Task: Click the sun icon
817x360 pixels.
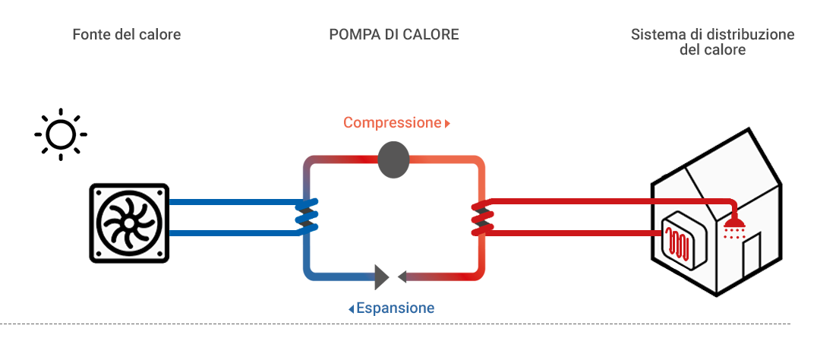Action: [x=61, y=134]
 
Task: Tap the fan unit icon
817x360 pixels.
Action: [x=129, y=223]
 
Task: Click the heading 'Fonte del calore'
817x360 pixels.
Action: [x=127, y=35]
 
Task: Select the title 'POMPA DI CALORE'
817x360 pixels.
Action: [x=394, y=35]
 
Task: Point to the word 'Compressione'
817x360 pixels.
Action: [x=392, y=122]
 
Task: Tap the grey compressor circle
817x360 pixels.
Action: [x=393, y=160]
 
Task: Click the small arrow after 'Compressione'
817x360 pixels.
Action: [x=448, y=123]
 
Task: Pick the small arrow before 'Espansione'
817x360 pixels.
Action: [x=351, y=309]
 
